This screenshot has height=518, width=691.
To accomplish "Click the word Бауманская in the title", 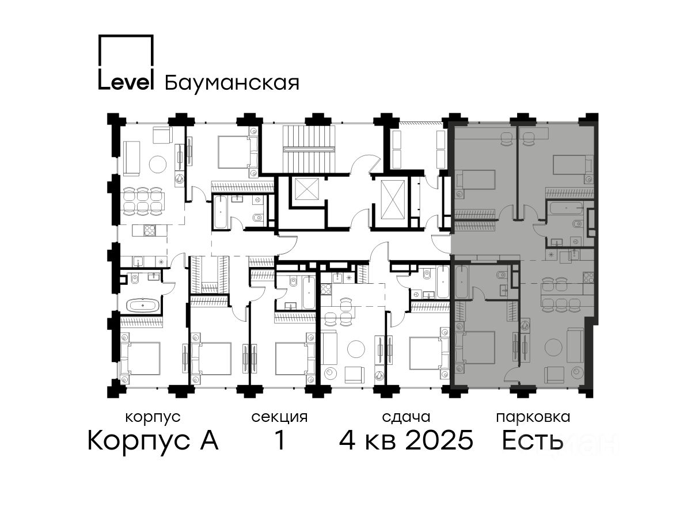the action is click(x=231, y=83).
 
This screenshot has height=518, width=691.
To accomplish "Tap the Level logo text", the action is click(x=126, y=82).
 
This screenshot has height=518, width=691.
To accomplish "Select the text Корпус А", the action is click(x=153, y=441).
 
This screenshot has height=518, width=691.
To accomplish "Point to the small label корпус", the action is click(x=153, y=418).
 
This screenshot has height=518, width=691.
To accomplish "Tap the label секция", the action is click(x=279, y=418).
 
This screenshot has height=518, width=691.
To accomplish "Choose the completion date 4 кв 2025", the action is click(x=406, y=440).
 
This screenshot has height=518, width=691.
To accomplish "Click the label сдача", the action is click(x=406, y=417).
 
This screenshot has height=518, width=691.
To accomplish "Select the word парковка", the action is click(x=533, y=418).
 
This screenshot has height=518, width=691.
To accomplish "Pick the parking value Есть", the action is click(x=532, y=441).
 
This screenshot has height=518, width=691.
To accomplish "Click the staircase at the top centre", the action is click(x=309, y=148).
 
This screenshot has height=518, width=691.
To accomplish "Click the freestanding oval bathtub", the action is click(x=143, y=305).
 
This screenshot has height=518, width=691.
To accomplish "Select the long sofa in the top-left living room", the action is click(x=131, y=158).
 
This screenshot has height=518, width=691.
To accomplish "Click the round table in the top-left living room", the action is click(x=158, y=164).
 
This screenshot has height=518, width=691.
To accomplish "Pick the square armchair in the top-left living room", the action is click(x=162, y=135).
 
